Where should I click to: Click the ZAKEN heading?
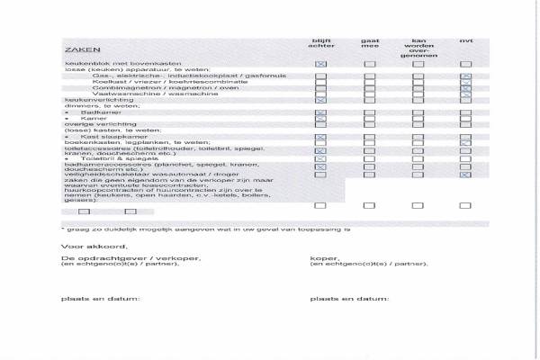click(76, 49)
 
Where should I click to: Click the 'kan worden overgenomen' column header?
click(418, 48)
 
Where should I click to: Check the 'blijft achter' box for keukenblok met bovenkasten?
click(320, 65)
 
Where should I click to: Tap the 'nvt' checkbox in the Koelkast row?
click(465, 84)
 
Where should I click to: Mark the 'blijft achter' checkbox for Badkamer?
click(320, 113)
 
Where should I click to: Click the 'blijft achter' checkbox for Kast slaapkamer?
click(320, 137)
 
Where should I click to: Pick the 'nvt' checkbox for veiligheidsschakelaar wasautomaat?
click(465, 174)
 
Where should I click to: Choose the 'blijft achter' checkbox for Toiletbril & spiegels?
click(320, 160)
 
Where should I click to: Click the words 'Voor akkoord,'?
click(82, 245)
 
